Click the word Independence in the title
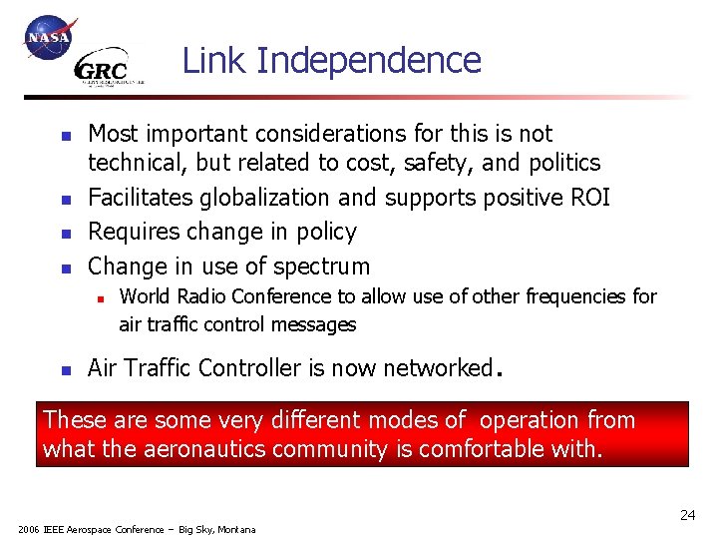pyautogui.click(x=369, y=61)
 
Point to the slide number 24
pyautogui.click(x=687, y=515)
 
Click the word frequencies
pyautogui.click(x=580, y=296)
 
